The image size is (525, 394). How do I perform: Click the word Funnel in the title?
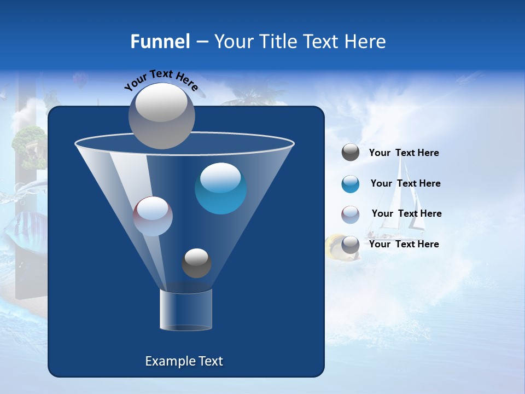160,42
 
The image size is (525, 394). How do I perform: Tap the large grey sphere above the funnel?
162,115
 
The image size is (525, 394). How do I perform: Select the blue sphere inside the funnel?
220,188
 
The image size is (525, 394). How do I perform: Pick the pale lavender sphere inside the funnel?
153,216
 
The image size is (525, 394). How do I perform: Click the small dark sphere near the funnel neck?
196,263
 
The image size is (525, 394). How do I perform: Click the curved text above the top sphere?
161,79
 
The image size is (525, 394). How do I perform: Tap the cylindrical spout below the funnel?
186,310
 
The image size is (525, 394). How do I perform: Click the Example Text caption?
184,361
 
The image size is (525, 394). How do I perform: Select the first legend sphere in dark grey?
351,153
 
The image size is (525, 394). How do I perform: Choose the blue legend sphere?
351,184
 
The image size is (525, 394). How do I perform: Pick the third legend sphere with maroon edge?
351,215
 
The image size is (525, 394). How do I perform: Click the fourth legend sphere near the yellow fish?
351,245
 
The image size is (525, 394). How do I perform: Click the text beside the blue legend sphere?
405,184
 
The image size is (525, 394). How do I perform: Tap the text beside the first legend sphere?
404,153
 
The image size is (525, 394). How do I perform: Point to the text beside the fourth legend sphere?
404,244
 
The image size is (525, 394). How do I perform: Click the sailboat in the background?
405,202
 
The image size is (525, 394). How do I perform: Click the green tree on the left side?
28,141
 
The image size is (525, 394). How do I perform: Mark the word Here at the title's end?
366,42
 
